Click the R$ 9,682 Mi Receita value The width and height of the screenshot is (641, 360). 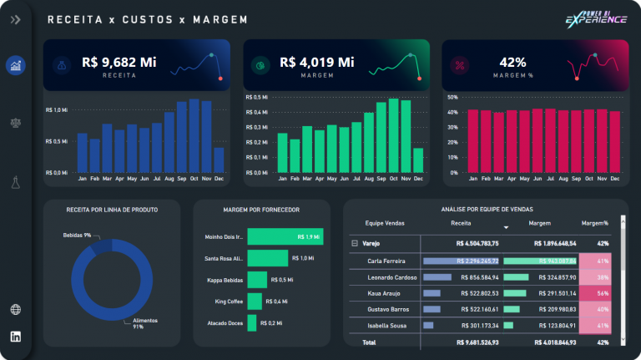[119, 62]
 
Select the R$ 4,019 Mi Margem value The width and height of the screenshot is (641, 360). [316, 62]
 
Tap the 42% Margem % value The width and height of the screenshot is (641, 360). [512, 62]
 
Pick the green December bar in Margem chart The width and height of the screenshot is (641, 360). [418, 160]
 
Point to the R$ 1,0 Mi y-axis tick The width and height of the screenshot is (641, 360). [57, 109]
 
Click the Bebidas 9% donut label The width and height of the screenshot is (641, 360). [77, 236]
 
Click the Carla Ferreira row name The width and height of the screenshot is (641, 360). [386, 261]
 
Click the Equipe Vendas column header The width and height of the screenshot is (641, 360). [383, 223]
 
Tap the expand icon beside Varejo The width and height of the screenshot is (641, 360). [354, 243]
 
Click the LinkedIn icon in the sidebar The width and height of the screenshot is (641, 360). [16, 337]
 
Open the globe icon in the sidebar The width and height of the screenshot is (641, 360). [16, 310]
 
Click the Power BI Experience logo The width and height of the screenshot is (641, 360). [595, 18]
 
